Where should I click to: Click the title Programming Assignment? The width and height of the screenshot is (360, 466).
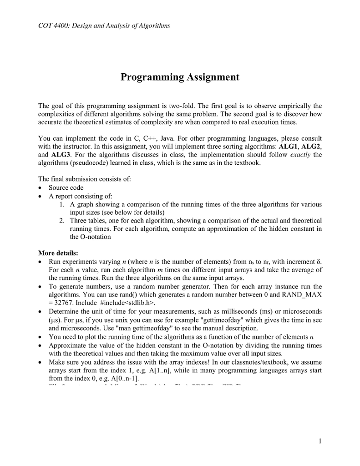pyautogui.click(x=180, y=77)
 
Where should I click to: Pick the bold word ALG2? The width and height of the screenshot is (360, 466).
pyautogui.click(x=311, y=146)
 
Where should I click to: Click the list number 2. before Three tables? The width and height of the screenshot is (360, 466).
pyautogui.click(x=62, y=220)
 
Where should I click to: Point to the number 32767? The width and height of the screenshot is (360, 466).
pyautogui.click(x=58, y=303)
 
